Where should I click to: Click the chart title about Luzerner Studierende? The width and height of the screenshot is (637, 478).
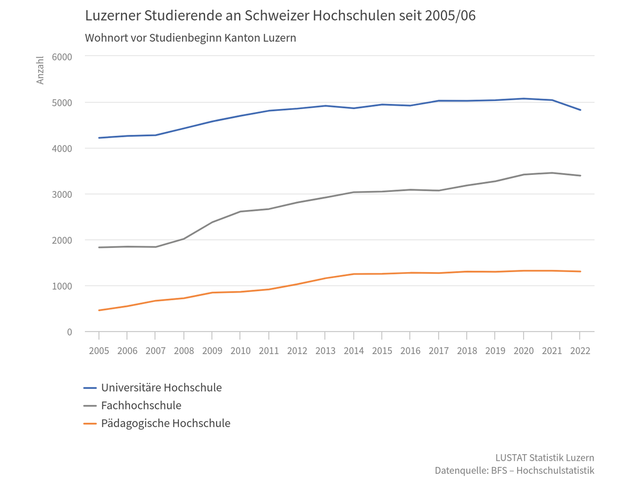pos(280,16)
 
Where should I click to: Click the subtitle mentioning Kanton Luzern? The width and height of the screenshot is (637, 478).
pos(190,38)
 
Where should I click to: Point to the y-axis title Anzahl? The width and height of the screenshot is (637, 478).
pos(41,70)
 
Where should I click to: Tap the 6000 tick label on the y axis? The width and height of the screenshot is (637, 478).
pos(62,57)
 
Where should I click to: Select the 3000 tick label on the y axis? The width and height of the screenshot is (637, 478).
pos(62,194)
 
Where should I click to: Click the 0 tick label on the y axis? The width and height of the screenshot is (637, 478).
pos(70,332)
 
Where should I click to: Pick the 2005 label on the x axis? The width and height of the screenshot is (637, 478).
pos(99,351)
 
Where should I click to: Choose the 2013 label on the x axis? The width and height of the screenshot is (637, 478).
pos(325,351)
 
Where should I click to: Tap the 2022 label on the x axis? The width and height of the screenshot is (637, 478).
pos(580,351)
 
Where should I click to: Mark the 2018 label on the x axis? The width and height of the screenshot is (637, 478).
pos(467,351)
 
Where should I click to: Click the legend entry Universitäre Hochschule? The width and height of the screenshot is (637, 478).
pos(161,388)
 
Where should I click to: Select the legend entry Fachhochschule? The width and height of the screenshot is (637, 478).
pos(141,406)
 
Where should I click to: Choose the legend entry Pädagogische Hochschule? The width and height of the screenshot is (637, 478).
pos(165,423)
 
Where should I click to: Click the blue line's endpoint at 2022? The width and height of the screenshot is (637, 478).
pos(580,110)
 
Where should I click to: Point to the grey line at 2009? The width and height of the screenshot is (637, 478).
pos(212,222)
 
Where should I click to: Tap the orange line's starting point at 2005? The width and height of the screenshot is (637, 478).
pos(99,310)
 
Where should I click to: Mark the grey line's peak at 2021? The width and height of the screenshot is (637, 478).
pos(552,173)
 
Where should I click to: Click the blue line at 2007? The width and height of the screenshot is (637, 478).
pos(155,135)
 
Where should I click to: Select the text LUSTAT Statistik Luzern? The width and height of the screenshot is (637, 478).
pos(545,458)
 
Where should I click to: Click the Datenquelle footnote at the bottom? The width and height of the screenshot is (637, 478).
pos(514,471)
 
